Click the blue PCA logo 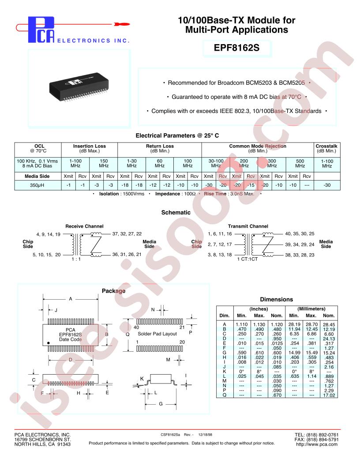coord(41,30)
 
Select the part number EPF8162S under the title coord(236,48)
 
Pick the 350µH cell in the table coord(37,185)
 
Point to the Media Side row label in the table coord(37,176)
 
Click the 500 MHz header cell coord(300,163)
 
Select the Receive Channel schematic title coord(84,226)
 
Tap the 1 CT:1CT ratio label coord(247,259)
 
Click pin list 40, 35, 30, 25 coord(300,233)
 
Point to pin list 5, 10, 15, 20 coord(47,255)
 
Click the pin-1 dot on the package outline coord(49,343)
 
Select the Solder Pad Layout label coord(157,334)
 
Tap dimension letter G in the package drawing coord(161,404)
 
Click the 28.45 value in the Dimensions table coord(329,324)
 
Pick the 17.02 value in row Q coord(329,395)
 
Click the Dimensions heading coord(277,299)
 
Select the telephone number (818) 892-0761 coord(322,435)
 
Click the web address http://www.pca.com coord(317,444)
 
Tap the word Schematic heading coord(176,213)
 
